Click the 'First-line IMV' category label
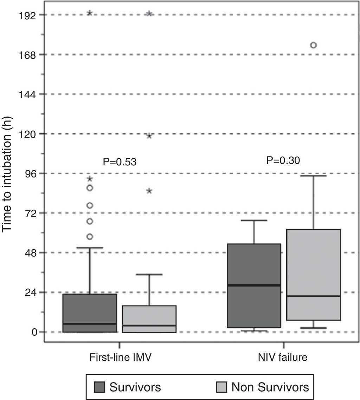click(119, 358)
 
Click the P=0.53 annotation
click(119, 162)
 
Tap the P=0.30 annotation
click(283, 160)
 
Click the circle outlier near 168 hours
click(313, 45)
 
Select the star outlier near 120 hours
click(149, 136)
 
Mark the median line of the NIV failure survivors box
click(254, 285)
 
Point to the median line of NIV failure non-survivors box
click(314, 296)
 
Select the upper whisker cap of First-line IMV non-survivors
click(149, 274)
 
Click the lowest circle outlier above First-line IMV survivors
click(90, 237)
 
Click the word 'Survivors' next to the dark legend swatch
click(135, 387)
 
